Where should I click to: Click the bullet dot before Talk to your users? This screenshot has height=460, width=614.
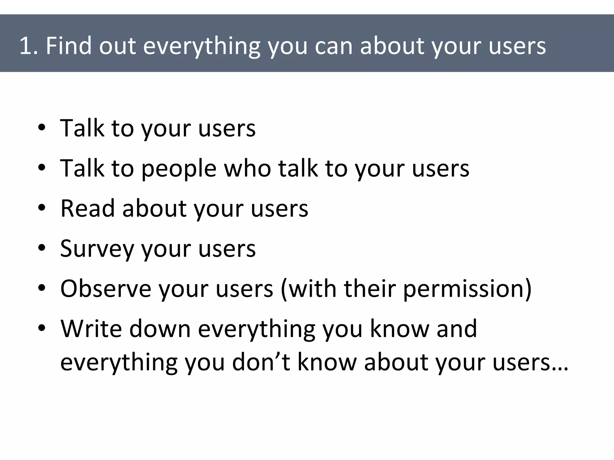pyautogui.click(x=42, y=128)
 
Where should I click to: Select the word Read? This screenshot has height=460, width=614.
pyautogui.click(x=88, y=208)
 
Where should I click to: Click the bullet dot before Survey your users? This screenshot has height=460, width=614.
pyautogui.click(x=42, y=248)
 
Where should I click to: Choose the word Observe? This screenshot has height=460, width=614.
pyautogui.click(x=106, y=289)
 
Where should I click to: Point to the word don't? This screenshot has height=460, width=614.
pyautogui.click(x=261, y=362)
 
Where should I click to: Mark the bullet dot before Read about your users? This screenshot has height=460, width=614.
pyautogui.click(x=42, y=208)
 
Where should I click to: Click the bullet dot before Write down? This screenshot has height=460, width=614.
pyautogui.click(x=42, y=328)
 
